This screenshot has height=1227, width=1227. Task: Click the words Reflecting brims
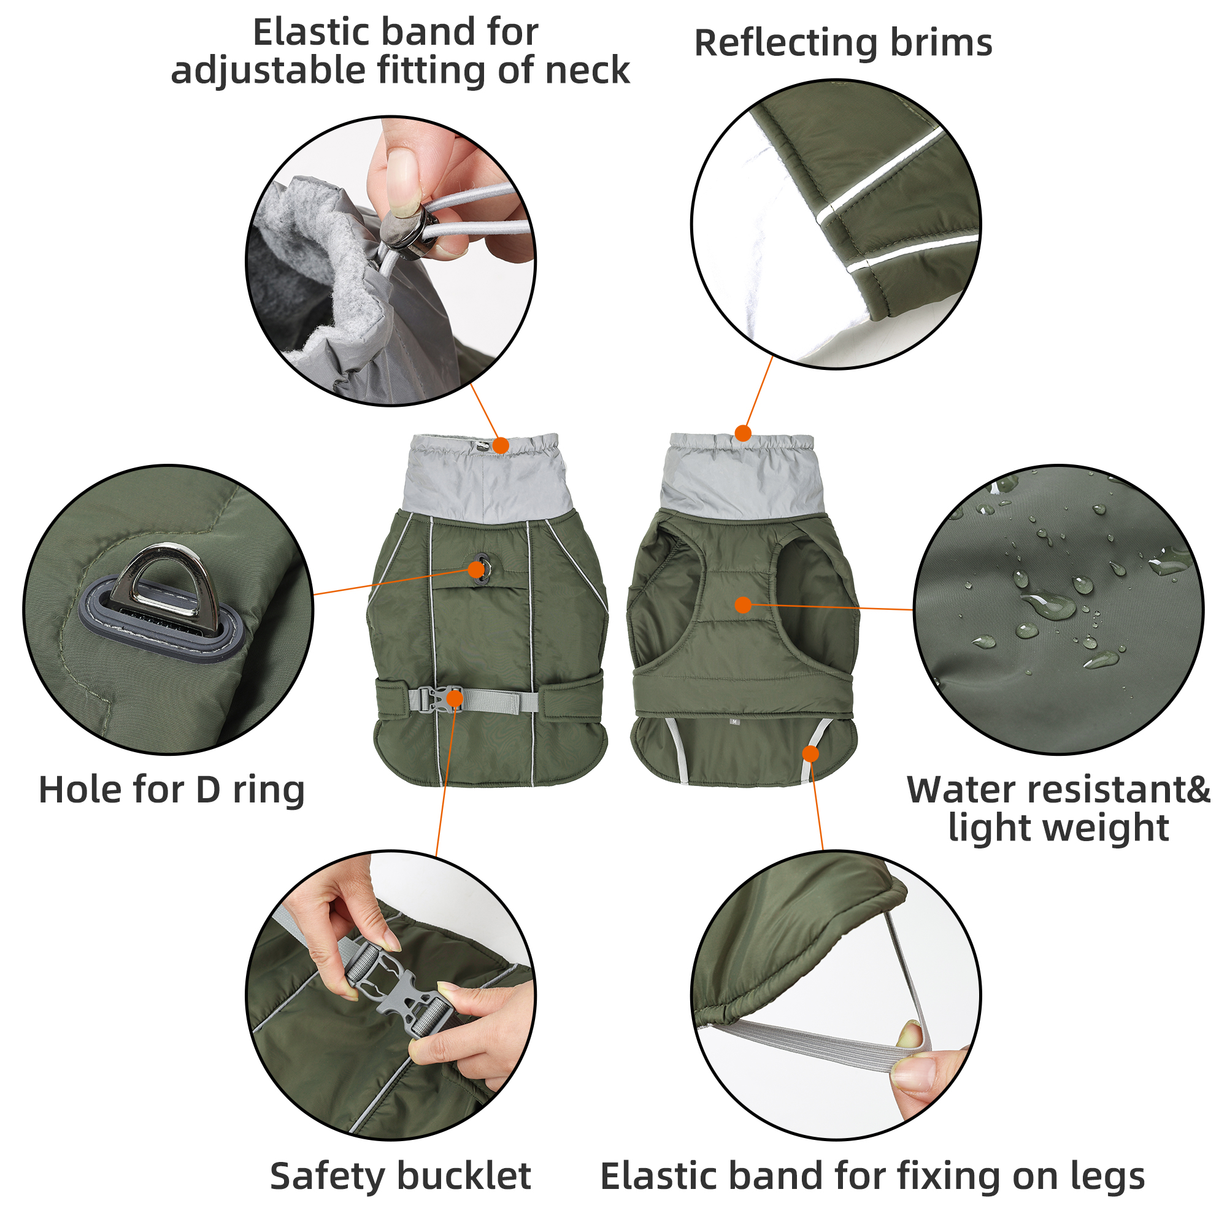coord(843,43)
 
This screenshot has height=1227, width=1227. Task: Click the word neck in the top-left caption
coord(587,70)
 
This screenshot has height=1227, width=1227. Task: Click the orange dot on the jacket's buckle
coord(455,699)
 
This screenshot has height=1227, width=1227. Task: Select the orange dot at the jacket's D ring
coord(476,570)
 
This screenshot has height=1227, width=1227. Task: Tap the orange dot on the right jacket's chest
coord(743,605)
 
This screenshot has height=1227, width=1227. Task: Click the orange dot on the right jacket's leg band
coord(810,753)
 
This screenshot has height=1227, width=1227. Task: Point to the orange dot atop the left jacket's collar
coord(501,446)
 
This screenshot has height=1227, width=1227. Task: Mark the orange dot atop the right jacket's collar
coord(743,434)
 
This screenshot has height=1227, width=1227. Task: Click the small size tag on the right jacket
coord(735,721)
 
